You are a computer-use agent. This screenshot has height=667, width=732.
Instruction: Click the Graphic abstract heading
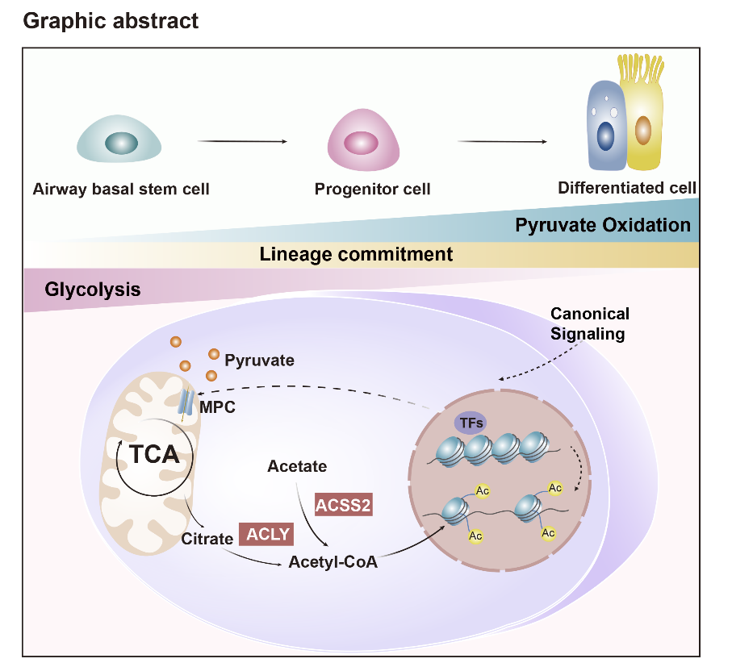click(x=111, y=20)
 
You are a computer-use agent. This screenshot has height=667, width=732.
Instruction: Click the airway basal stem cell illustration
click(x=119, y=139)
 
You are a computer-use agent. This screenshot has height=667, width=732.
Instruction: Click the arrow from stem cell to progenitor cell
click(x=241, y=142)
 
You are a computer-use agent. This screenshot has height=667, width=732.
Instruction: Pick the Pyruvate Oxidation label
click(x=603, y=225)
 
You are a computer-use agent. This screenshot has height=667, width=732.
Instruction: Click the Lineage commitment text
click(x=356, y=255)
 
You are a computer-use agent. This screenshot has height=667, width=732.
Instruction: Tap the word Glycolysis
click(x=93, y=289)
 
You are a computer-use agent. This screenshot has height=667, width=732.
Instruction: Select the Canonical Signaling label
click(x=589, y=323)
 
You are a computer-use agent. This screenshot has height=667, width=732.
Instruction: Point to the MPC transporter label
click(x=218, y=407)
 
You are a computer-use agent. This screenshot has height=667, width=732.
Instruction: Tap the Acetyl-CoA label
click(x=333, y=562)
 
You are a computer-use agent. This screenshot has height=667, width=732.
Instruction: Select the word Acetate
click(x=297, y=466)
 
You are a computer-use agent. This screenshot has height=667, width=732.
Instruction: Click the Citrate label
click(x=207, y=539)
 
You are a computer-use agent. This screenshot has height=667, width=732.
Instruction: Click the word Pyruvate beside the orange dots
click(x=259, y=360)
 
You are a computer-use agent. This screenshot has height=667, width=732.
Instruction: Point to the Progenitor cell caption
click(x=372, y=190)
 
